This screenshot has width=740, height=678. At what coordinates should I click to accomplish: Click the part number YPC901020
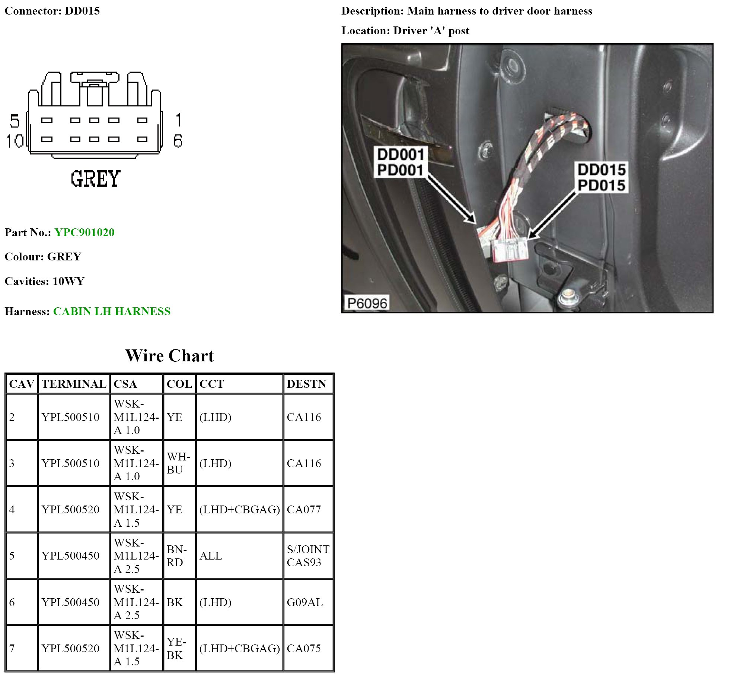point(84,232)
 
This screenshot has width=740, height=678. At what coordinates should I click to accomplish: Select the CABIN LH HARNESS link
point(112,311)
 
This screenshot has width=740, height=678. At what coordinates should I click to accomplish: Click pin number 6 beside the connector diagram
point(178,141)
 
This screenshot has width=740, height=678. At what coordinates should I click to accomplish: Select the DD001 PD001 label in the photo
point(400,162)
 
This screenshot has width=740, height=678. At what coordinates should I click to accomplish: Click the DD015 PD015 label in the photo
point(602,177)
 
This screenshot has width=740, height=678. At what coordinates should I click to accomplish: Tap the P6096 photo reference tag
point(367,303)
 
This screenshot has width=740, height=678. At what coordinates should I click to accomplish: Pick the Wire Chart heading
point(169,356)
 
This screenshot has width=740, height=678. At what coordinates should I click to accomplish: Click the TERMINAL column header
point(74,384)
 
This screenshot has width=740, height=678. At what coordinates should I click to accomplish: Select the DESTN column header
point(306,384)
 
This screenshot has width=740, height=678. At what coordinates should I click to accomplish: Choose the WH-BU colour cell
point(178,463)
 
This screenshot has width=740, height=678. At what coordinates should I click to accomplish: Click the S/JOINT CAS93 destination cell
point(308,556)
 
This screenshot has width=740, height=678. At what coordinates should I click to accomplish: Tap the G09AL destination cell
point(304,602)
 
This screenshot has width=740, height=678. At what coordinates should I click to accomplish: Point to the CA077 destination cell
point(304,510)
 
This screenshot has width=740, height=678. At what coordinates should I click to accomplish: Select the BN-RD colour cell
point(177,556)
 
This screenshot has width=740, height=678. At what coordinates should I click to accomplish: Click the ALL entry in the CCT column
point(211,556)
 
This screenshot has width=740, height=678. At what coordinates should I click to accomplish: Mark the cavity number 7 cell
point(12,649)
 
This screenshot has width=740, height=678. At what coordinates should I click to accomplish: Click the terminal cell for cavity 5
point(70,556)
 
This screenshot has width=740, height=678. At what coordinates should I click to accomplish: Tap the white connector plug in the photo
point(510,250)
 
